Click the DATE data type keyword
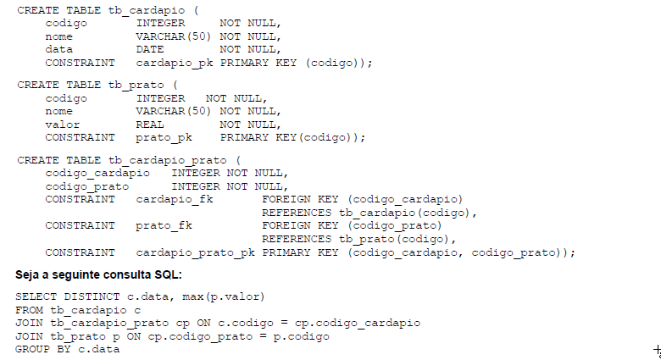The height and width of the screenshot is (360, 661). click(149, 49)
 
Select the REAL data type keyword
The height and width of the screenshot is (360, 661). click(149, 124)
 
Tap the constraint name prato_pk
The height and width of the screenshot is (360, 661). click(164, 136)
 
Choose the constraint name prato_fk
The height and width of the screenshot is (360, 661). click(164, 225)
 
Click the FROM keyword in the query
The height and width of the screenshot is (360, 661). click(30, 310)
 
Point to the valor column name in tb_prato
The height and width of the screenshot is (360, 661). click(63, 124)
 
